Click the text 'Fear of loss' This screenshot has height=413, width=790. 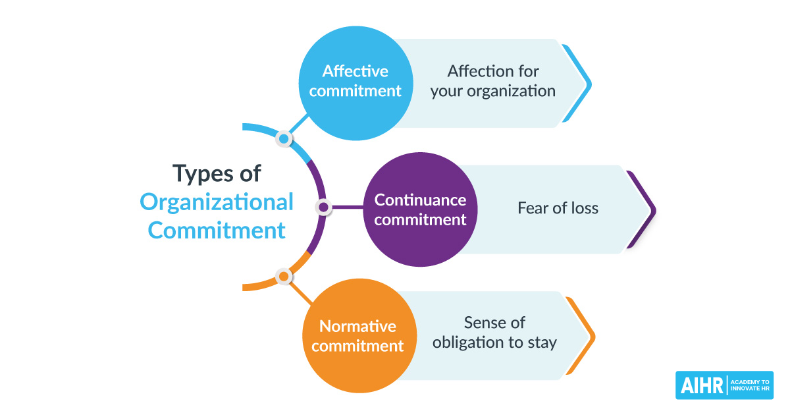pyautogui.click(x=558, y=209)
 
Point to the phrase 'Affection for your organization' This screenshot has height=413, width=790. pyautogui.click(x=493, y=81)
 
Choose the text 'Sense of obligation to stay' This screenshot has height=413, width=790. pyautogui.click(x=494, y=333)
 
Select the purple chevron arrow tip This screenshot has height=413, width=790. pyautogui.click(x=652, y=210)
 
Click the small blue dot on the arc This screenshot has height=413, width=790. pyautogui.click(x=284, y=139)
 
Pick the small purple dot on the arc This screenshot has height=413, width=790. pyautogui.click(x=323, y=208)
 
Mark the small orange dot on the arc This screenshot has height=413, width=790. pyautogui.click(x=283, y=277)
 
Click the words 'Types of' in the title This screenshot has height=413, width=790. pyautogui.click(x=217, y=174)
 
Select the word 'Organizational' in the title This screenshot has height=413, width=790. pyautogui.click(x=217, y=202)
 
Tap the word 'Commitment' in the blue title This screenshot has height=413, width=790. pyautogui.click(x=217, y=231)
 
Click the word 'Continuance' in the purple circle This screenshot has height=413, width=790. pyautogui.click(x=420, y=200)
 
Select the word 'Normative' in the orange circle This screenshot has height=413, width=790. pyautogui.click(x=357, y=326)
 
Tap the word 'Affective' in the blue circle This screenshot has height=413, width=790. pyautogui.click(x=355, y=71)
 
